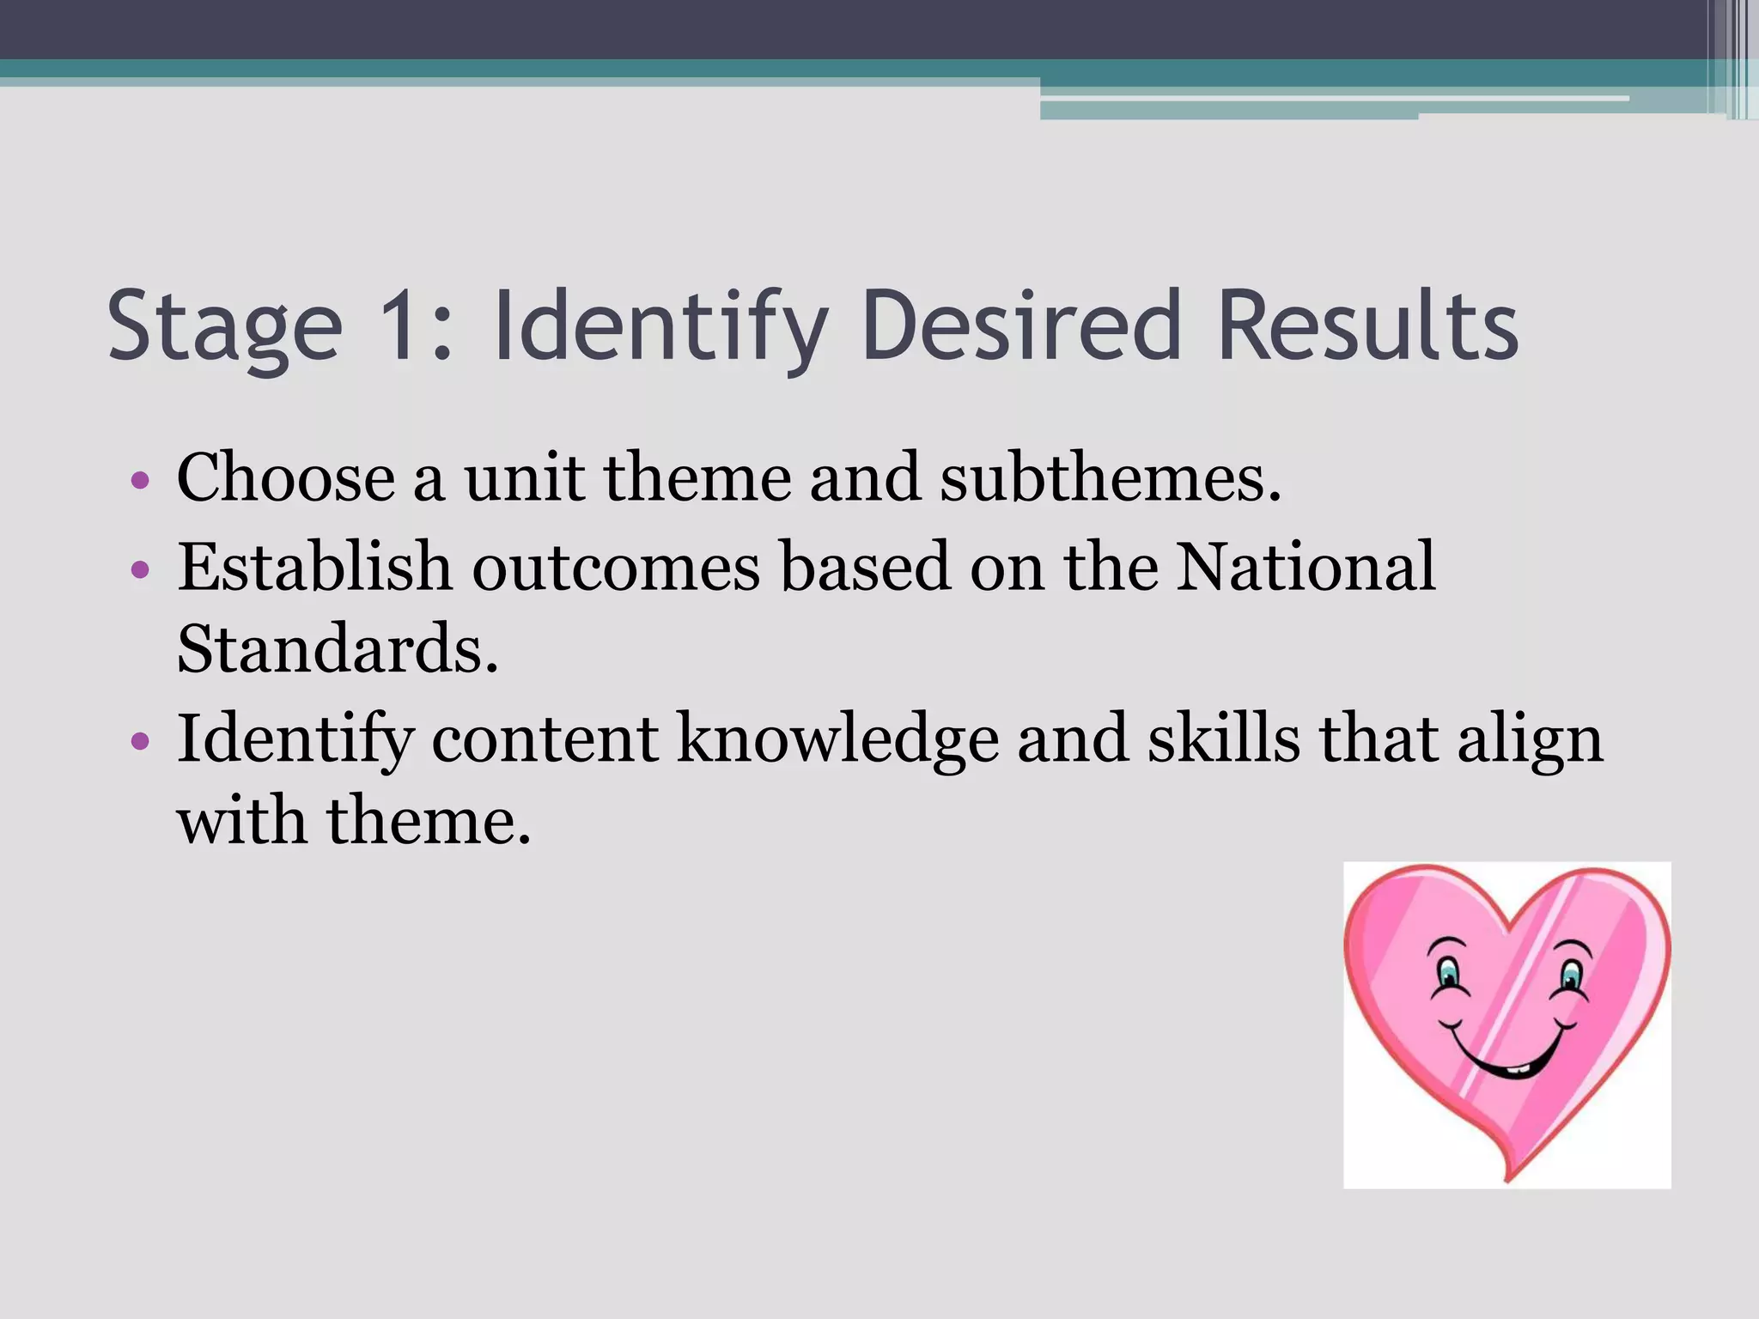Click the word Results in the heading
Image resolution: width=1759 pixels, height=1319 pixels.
pos(1367,326)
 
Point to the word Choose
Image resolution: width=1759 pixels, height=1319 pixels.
pos(285,477)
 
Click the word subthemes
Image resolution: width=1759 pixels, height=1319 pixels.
pos(1110,477)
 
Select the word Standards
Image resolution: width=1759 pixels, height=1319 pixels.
pos(337,648)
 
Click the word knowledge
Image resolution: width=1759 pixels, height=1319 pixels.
pos(837,739)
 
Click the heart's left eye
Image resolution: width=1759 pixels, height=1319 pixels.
pos(1450,974)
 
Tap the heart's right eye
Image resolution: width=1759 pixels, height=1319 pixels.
pos(1571,976)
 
